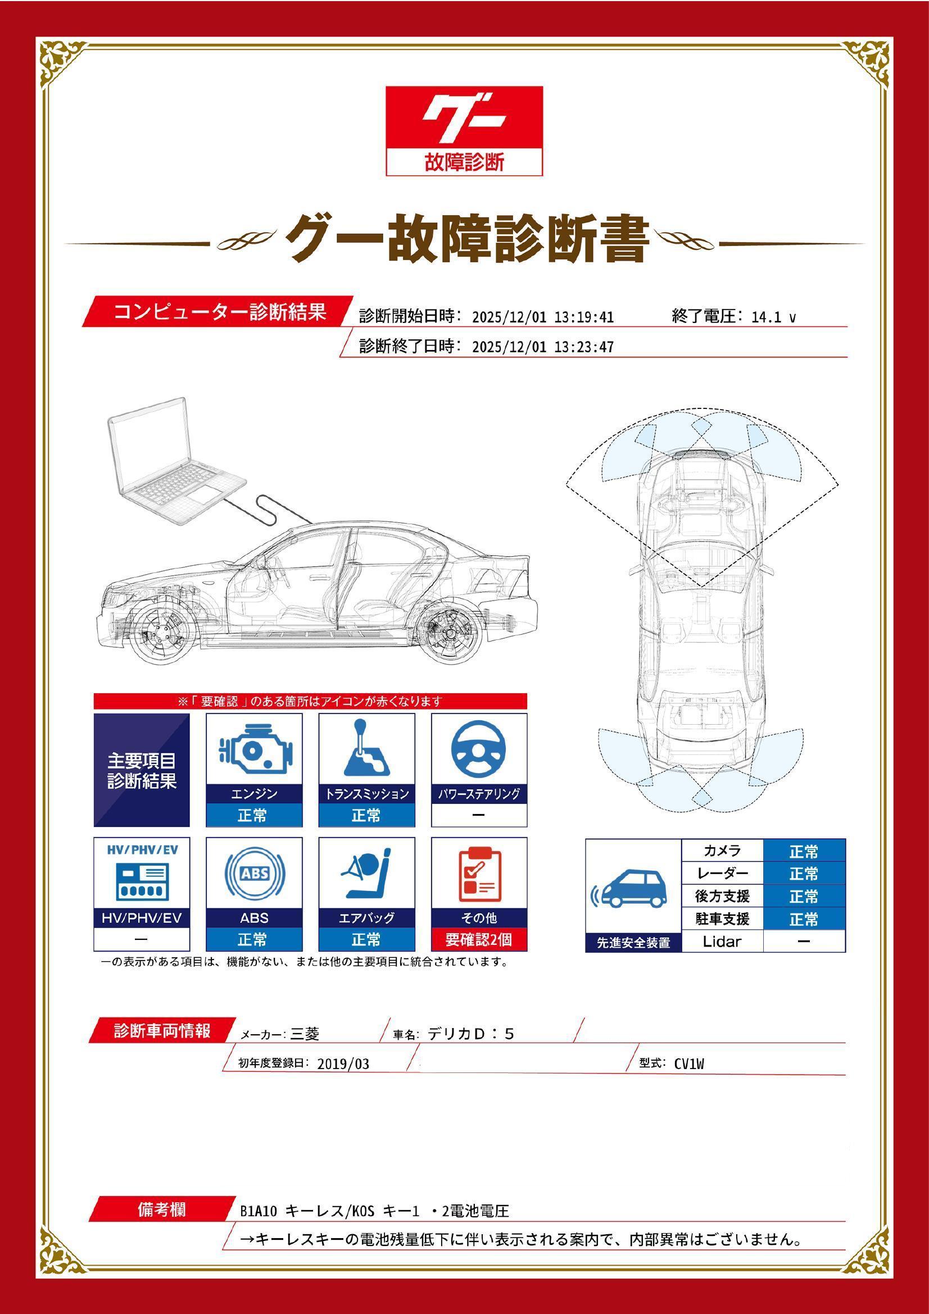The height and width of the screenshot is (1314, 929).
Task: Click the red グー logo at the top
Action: [x=464, y=130]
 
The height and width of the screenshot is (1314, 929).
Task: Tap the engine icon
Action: [x=254, y=751]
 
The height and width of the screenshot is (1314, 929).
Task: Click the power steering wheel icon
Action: [x=478, y=750]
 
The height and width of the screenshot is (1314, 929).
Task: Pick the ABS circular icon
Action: [x=254, y=875]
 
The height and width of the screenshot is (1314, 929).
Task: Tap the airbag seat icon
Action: [x=366, y=875]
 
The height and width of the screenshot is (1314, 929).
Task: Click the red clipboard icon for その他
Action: [x=479, y=875]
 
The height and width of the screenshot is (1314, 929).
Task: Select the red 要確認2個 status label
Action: [x=479, y=939]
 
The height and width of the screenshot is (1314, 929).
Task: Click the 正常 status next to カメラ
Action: [x=804, y=852]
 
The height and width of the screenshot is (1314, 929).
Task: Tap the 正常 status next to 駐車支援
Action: [x=804, y=919]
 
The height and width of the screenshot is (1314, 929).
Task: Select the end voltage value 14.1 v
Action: [x=773, y=317]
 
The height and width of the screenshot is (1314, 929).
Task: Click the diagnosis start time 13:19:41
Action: [x=584, y=317]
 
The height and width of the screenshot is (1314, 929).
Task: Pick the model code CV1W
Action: [x=689, y=1064]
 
